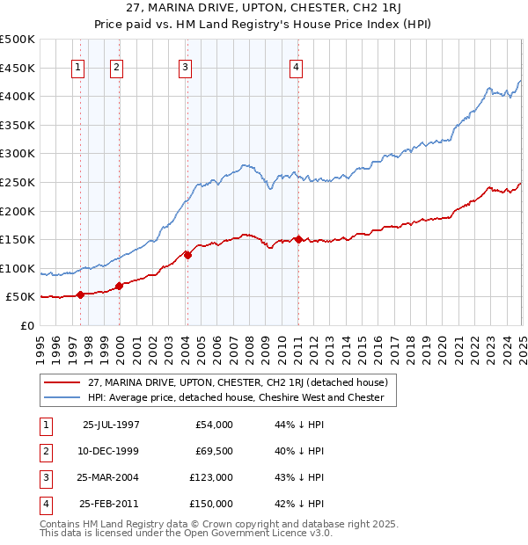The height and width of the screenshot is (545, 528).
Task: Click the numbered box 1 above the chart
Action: pyautogui.click(x=78, y=68)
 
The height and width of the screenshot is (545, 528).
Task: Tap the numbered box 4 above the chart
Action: pyautogui.click(x=297, y=68)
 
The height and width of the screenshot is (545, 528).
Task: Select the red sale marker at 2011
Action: pyautogui.click(x=298, y=239)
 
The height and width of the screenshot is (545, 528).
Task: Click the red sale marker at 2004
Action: pyautogui.click(x=187, y=255)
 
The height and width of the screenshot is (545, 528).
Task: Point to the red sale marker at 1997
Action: pyautogui.click(x=80, y=294)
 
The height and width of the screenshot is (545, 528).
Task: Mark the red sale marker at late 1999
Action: pyautogui.click(x=119, y=286)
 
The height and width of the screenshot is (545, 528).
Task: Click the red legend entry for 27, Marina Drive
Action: pyautogui.click(x=231, y=381)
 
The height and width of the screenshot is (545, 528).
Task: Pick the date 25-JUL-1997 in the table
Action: pyautogui.click(x=111, y=425)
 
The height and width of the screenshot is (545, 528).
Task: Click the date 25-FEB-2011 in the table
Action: pyautogui.click(x=111, y=504)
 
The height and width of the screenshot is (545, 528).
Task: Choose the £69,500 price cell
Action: pyautogui.click(x=212, y=451)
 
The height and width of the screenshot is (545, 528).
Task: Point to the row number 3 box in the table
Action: pyautogui.click(x=44, y=477)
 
